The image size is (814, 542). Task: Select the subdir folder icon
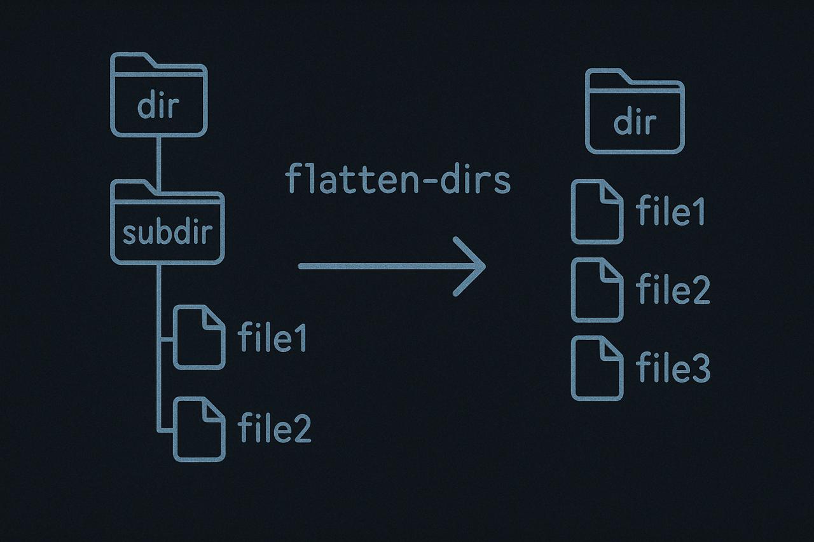[167, 222]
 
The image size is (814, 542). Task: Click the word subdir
[167, 232]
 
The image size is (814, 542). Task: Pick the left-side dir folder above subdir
[159, 95]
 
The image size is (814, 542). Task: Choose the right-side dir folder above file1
[635, 111]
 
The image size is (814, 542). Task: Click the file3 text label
[673, 367]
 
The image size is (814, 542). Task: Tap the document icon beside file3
[597, 368]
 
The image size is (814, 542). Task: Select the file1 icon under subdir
[199, 337]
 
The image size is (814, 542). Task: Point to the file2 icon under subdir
[199, 429]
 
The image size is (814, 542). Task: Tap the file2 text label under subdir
[274, 428]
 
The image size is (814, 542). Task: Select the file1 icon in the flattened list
[597, 212]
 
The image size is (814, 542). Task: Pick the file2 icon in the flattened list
[597, 290]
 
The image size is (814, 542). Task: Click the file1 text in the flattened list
[670, 210]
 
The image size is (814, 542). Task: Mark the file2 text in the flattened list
[673, 289]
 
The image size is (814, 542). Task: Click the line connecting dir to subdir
[159, 163]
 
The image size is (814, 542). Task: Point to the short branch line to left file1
[167, 339]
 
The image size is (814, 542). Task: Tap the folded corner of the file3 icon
[610, 348]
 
